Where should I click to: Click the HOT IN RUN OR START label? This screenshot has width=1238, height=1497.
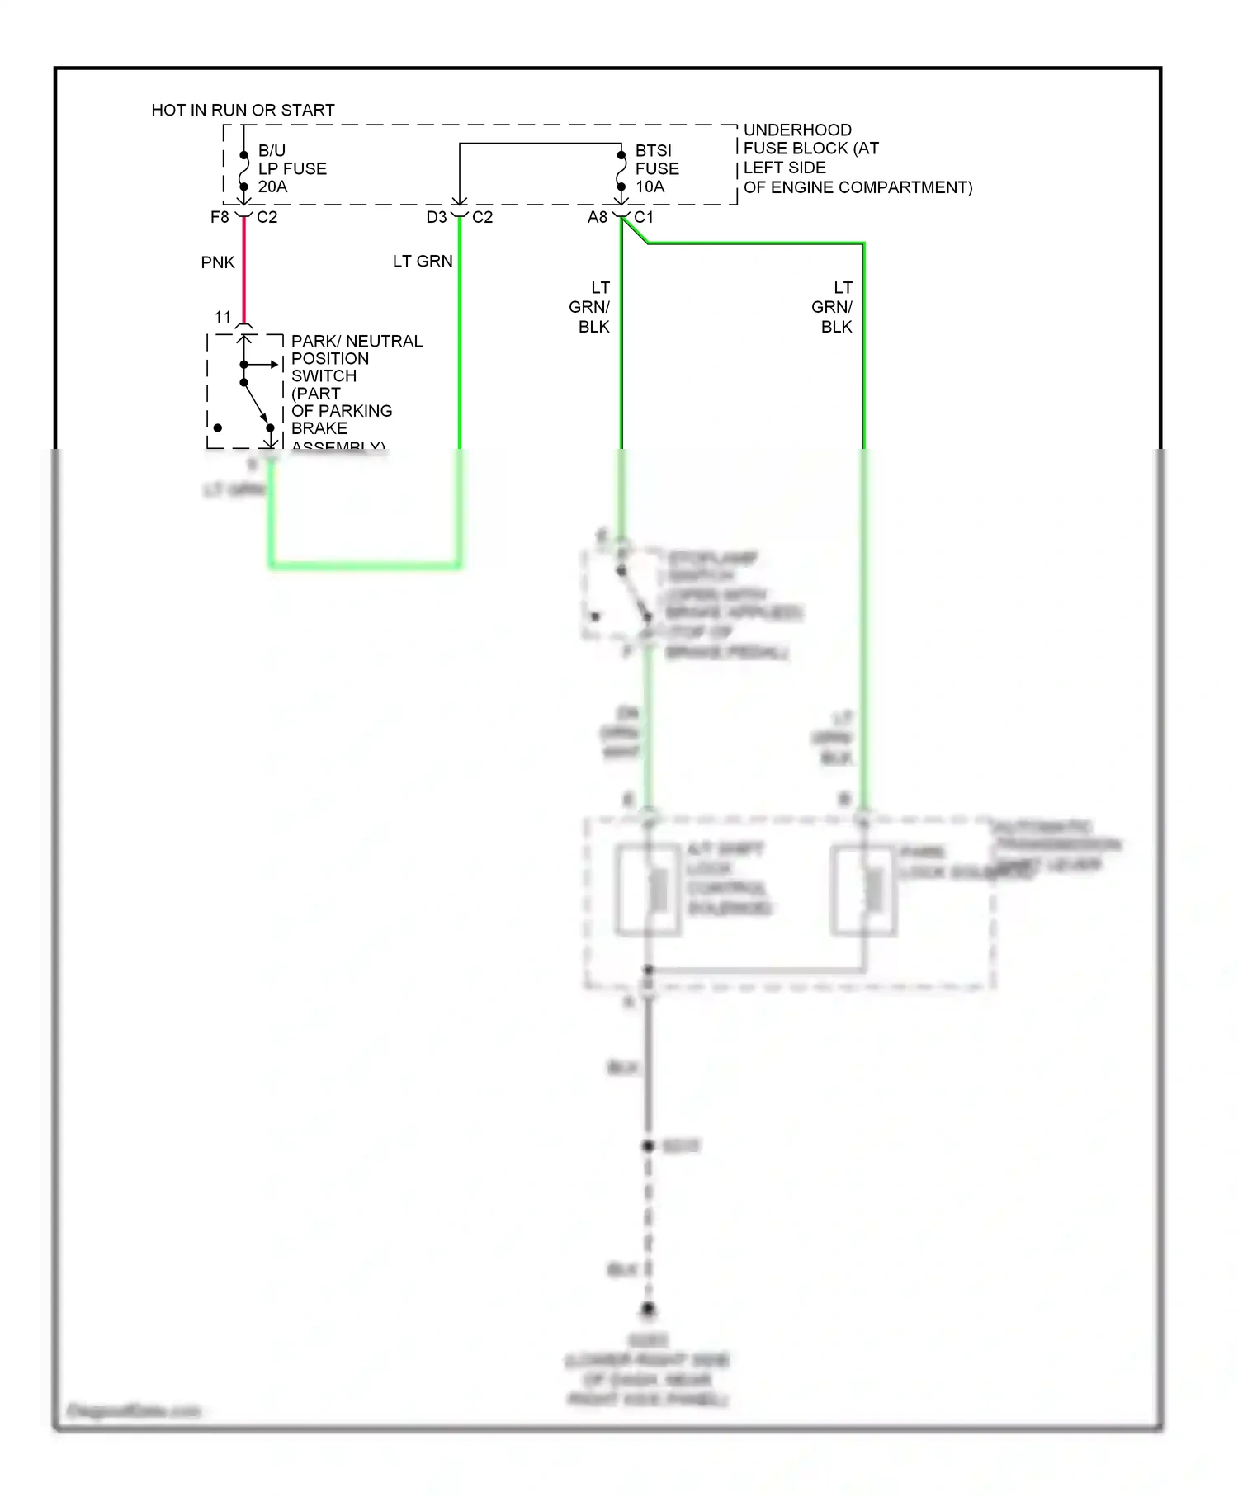(243, 110)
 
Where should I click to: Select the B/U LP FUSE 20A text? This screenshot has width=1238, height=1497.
(291, 168)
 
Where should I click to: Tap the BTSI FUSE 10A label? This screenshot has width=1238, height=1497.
(657, 168)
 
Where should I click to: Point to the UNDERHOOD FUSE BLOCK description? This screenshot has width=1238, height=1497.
(857, 158)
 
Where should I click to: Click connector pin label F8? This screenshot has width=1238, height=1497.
(220, 217)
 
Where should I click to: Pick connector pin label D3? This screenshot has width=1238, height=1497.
(436, 217)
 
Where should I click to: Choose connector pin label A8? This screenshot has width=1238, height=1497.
(597, 217)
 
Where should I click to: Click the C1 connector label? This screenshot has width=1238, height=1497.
(644, 217)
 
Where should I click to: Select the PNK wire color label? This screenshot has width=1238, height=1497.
(218, 262)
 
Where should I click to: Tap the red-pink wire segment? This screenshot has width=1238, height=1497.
(243, 272)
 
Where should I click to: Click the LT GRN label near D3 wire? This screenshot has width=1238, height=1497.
(423, 262)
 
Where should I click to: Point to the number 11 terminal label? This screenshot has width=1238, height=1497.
(223, 317)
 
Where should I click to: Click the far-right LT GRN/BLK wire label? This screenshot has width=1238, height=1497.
(834, 307)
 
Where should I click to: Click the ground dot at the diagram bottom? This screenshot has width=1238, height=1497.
(648, 1310)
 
